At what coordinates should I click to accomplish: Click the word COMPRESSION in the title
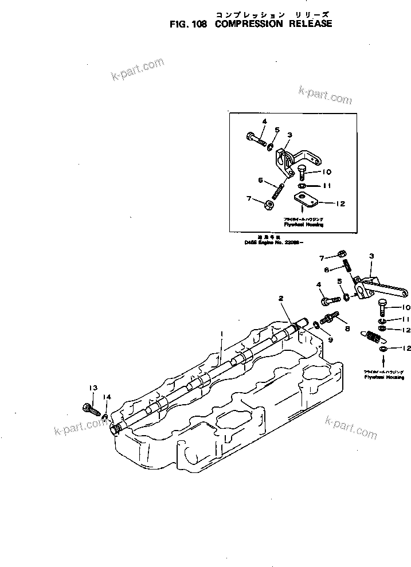point(249,25)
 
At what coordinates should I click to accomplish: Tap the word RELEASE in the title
point(310,25)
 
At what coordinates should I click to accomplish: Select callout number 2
point(281,298)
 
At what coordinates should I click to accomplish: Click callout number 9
point(330,339)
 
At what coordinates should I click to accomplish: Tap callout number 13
point(92,388)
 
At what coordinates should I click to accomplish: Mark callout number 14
point(106,397)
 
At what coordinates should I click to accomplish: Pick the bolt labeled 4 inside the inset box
point(255,138)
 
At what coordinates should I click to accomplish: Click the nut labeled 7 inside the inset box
point(268,204)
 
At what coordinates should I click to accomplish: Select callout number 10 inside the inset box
point(326,171)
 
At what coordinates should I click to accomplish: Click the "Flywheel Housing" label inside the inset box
point(303,225)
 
